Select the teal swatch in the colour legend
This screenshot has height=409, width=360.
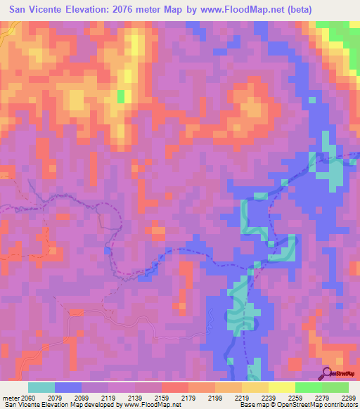(x=41, y=388)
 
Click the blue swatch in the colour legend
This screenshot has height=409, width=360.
(x=68, y=388)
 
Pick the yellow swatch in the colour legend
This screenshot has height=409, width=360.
(x=282, y=388)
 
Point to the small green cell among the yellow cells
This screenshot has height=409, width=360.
(x=121, y=96)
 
